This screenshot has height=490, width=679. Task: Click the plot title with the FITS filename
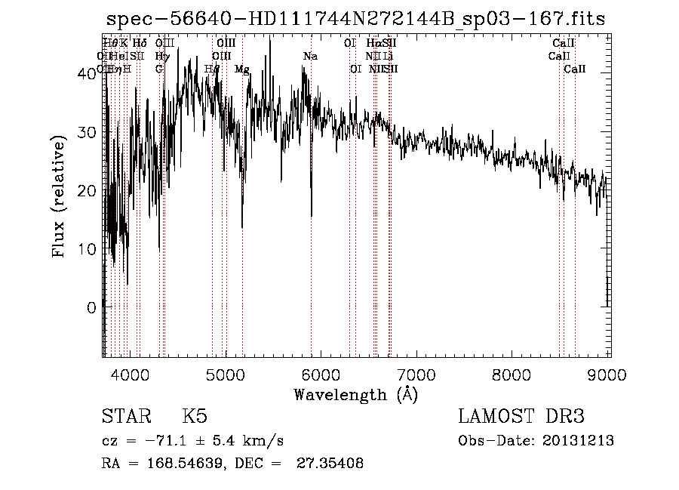click(x=355, y=19)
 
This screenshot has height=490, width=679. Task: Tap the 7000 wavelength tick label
click(x=417, y=374)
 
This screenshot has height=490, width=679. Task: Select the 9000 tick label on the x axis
click(x=609, y=374)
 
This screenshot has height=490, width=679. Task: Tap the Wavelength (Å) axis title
click(x=355, y=394)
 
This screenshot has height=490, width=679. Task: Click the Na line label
click(x=310, y=56)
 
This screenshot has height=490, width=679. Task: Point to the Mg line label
click(x=242, y=69)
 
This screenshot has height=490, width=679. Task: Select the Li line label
click(x=388, y=56)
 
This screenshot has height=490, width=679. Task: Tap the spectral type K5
click(x=195, y=417)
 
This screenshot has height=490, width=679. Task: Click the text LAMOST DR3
click(x=521, y=417)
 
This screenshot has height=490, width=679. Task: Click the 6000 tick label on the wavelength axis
click(x=321, y=374)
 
